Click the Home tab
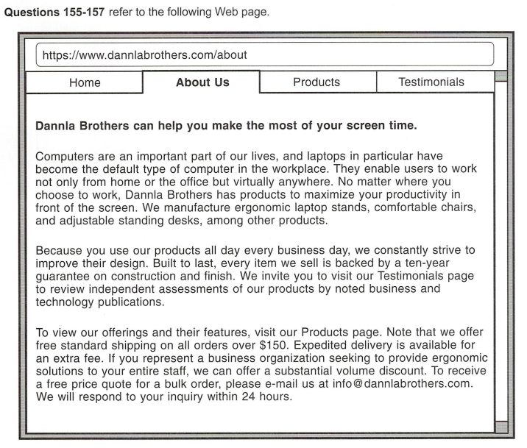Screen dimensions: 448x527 (85, 82)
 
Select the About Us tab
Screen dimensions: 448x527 (202, 82)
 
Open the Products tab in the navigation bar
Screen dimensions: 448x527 (316, 82)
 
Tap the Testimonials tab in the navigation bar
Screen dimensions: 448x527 (431, 82)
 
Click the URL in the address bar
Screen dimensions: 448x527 (144, 54)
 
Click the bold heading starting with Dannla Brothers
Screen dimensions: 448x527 (226, 125)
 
